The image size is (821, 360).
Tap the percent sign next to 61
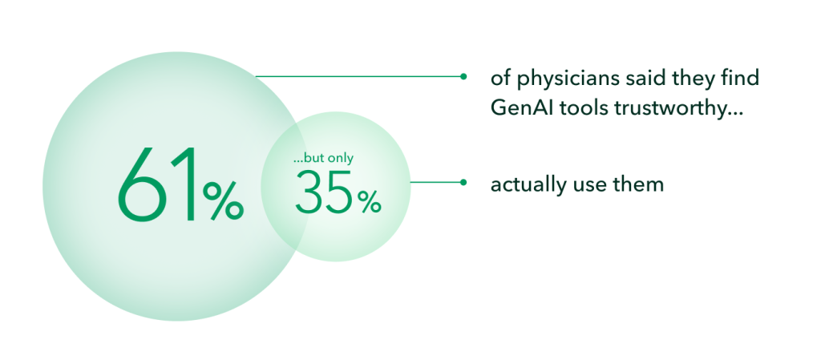coord(223,200)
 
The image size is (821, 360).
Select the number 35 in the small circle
coord(325,192)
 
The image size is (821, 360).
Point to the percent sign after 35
coord(369,202)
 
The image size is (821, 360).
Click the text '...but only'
coord(324,158)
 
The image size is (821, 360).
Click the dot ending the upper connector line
coord(463,76)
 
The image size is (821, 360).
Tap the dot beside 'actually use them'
coord(463,183)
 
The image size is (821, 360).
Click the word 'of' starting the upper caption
coord(501,79)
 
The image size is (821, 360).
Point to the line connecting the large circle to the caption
coord(359,76)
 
